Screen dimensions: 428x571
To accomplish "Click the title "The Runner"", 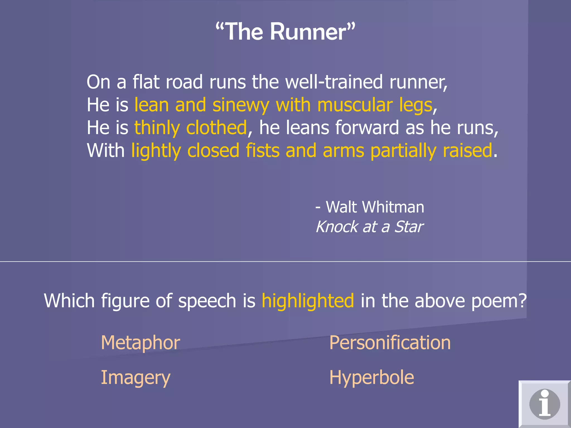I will pyautogui.click(x=285, y=32).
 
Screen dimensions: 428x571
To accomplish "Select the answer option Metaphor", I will pyautogui.click(x=140, y=342).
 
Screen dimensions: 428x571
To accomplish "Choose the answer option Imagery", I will pyautogui.click(x=136, y=378).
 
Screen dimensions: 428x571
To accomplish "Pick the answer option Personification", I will pyautogui.click(x=390, y=342).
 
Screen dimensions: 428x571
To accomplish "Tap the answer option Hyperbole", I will pyautogui.click(x=372, y=378).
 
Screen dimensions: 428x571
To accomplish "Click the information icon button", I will pyautogui.click(x=545, y=404).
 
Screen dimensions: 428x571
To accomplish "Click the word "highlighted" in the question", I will pyautogui.click(x=308, y=301).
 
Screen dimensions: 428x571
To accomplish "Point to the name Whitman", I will pyautogui.click(x=393, y=207).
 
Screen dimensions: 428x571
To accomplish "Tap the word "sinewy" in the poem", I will pyautogui.click(x=241, y=105).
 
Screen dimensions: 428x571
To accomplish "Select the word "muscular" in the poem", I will pyautogui.click(x=355, y=105).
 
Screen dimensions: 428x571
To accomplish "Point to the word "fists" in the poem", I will pyautogui.click(x=262, y=150).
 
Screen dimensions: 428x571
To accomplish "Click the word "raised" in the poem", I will pyautogui.click(x=467, y=150).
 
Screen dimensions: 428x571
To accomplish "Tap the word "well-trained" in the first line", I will pyautogui.click(x=334, y=82).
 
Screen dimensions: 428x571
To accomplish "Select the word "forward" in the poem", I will pyautogui.click(x=367, y=128).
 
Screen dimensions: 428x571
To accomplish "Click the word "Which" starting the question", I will pyautogui.click(x=69, y=301).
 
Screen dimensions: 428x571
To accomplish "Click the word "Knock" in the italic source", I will pyautogui.click(x=337, y=227).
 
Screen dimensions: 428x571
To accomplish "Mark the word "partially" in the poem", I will pyautogui.click(x=403, y=151).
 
